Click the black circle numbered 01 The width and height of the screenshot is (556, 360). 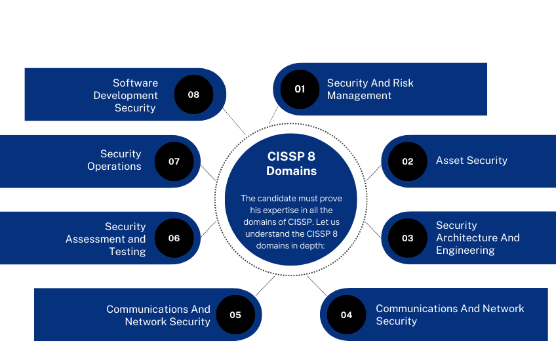click(300, 89)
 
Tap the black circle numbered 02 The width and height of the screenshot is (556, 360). click(407, 161)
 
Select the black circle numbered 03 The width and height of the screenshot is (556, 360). click(407, 238)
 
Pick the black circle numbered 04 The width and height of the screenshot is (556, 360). click(346, 315)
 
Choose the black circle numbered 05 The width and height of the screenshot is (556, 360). click(235, 315)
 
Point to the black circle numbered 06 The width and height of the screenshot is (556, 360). click(174, 238)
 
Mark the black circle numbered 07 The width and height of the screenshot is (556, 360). click(174, 161)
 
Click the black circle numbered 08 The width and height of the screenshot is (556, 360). click(193, 94)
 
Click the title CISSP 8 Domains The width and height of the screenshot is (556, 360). click(291, 163)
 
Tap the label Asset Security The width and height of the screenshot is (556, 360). click(471, 160)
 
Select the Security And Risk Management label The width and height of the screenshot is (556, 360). click(370, 89)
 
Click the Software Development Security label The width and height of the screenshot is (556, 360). click(125, 95)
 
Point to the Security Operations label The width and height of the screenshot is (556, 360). click(114, 160)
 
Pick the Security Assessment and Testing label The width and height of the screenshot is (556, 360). click(106, 239)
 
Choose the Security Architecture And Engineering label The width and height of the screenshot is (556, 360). click(477, 237)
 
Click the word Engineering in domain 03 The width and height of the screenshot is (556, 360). click(466, 250)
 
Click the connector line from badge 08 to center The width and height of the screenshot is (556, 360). click(234, 122)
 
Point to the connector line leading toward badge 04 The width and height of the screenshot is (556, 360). click(317, 285)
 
